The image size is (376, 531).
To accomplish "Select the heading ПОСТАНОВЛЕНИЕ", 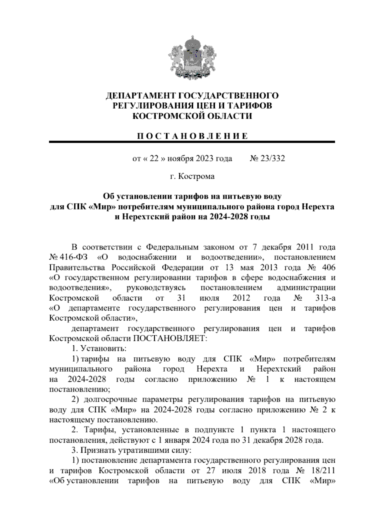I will click(x=192, y=136).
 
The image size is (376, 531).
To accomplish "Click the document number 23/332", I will click(x=272, y=159).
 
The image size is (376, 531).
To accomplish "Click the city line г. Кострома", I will click(x=192, y=177).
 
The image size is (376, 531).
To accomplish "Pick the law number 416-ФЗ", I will click(x=73, y=257).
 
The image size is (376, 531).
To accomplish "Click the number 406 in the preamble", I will click(x=328, y=268).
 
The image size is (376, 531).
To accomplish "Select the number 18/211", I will click(x=323, y=471).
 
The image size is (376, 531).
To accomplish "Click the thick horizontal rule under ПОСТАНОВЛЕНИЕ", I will click(x=192, y=142).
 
